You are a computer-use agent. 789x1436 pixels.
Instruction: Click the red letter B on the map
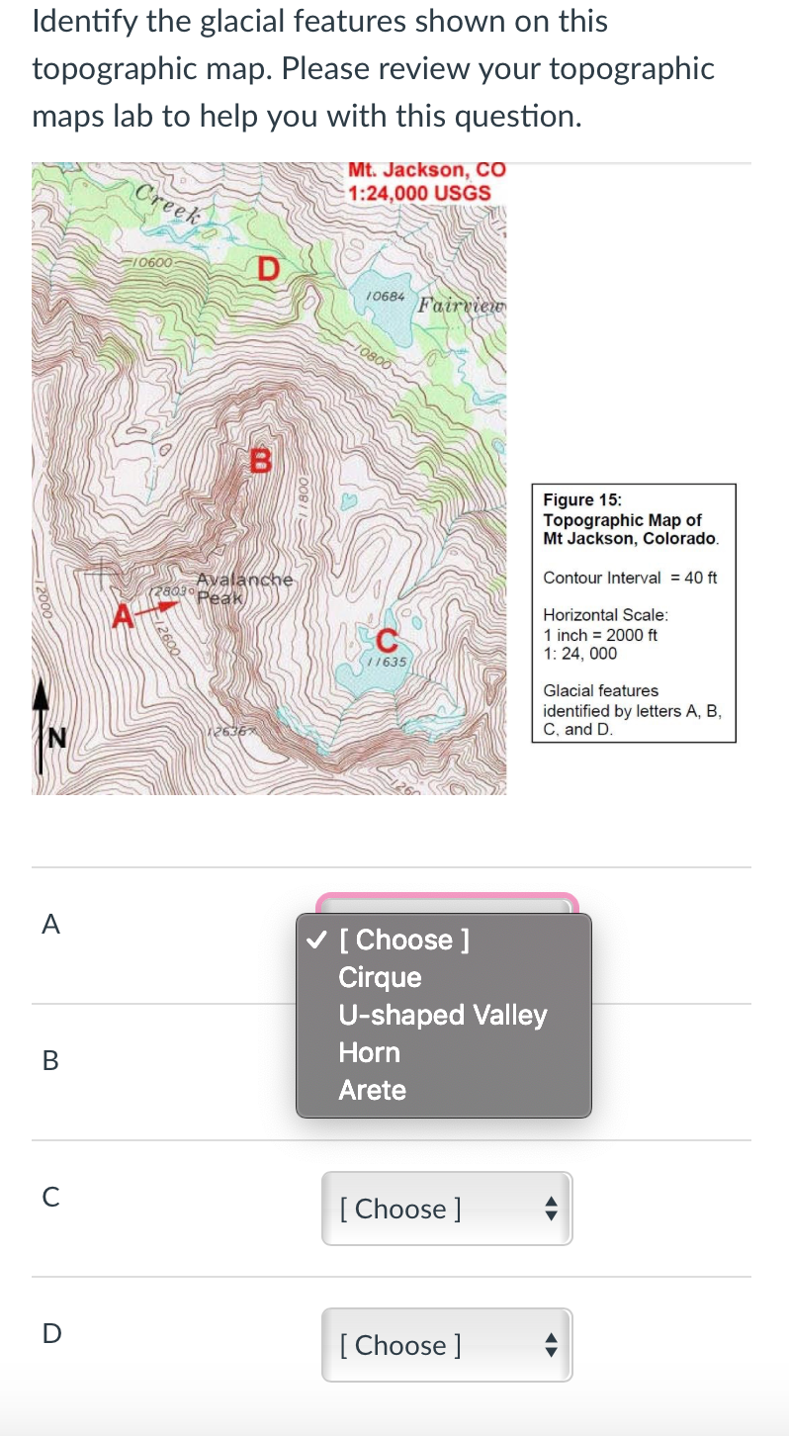260,460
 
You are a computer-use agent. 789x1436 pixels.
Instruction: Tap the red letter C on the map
387,640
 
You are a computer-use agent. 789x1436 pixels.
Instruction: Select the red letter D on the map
268,268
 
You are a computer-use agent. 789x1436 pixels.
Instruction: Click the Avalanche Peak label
245,587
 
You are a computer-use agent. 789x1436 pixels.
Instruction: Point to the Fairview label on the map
461,304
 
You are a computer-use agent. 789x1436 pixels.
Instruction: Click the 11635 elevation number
386,660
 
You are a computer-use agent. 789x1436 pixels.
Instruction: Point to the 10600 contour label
155,263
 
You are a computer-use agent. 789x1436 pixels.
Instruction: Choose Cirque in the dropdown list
380,977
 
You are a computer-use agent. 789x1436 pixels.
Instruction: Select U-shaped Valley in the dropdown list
442,1015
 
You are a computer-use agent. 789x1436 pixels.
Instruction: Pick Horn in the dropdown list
369,1052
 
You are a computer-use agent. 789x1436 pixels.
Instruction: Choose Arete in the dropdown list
372,1090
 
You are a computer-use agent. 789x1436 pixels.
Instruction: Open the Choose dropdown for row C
446,1209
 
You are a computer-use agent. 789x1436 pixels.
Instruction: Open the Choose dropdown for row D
446,1345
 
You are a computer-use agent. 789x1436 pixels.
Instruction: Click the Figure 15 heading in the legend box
582,500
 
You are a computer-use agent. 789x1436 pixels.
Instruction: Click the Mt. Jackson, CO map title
426,169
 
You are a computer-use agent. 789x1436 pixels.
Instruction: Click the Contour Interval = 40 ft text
630,578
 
